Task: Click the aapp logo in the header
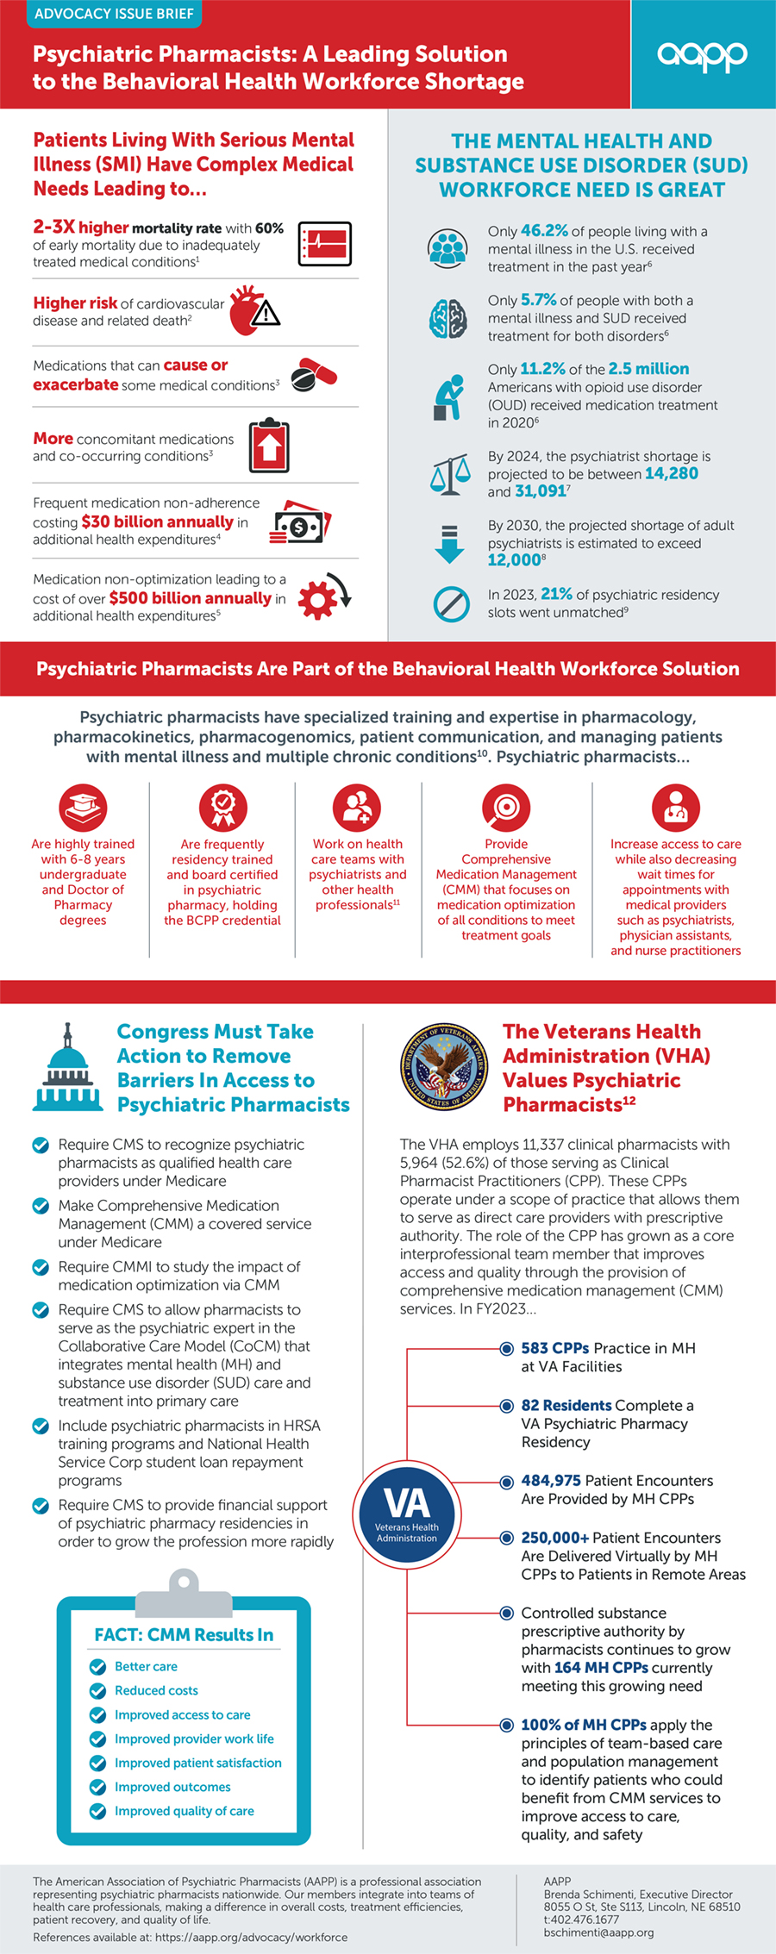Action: pyautogui.click(x=702, y=55)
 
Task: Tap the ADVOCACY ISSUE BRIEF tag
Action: pyautogui.click(x=114, y=14)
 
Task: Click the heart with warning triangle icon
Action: pyautogui.click(x=254, y=310)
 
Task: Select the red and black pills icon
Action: pyautogui.click(x=313, y=375)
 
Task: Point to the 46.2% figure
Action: pyautogui.click(x=544, y=231)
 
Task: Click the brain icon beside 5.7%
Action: pyautogui.click(x=448, y=318)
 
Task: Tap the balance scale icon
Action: pyautogui.click(x=450, y=473)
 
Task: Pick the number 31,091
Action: pyautogui.click(x=541, y=491)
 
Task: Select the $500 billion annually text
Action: pyautogui.click(x=190, y=598)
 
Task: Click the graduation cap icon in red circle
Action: pyautogui.click(x=83, y=808)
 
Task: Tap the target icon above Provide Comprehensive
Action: pyautogui.click(x=506, y=808)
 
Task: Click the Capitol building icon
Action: pyautogui.click(x=67, y=1069)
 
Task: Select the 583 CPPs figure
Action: pyautogui.click(x=554, y=1348)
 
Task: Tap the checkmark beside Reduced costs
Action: pyautogui.click(x=98, y=1690)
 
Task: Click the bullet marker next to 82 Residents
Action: pyautogui.click(x=507, y=1406)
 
